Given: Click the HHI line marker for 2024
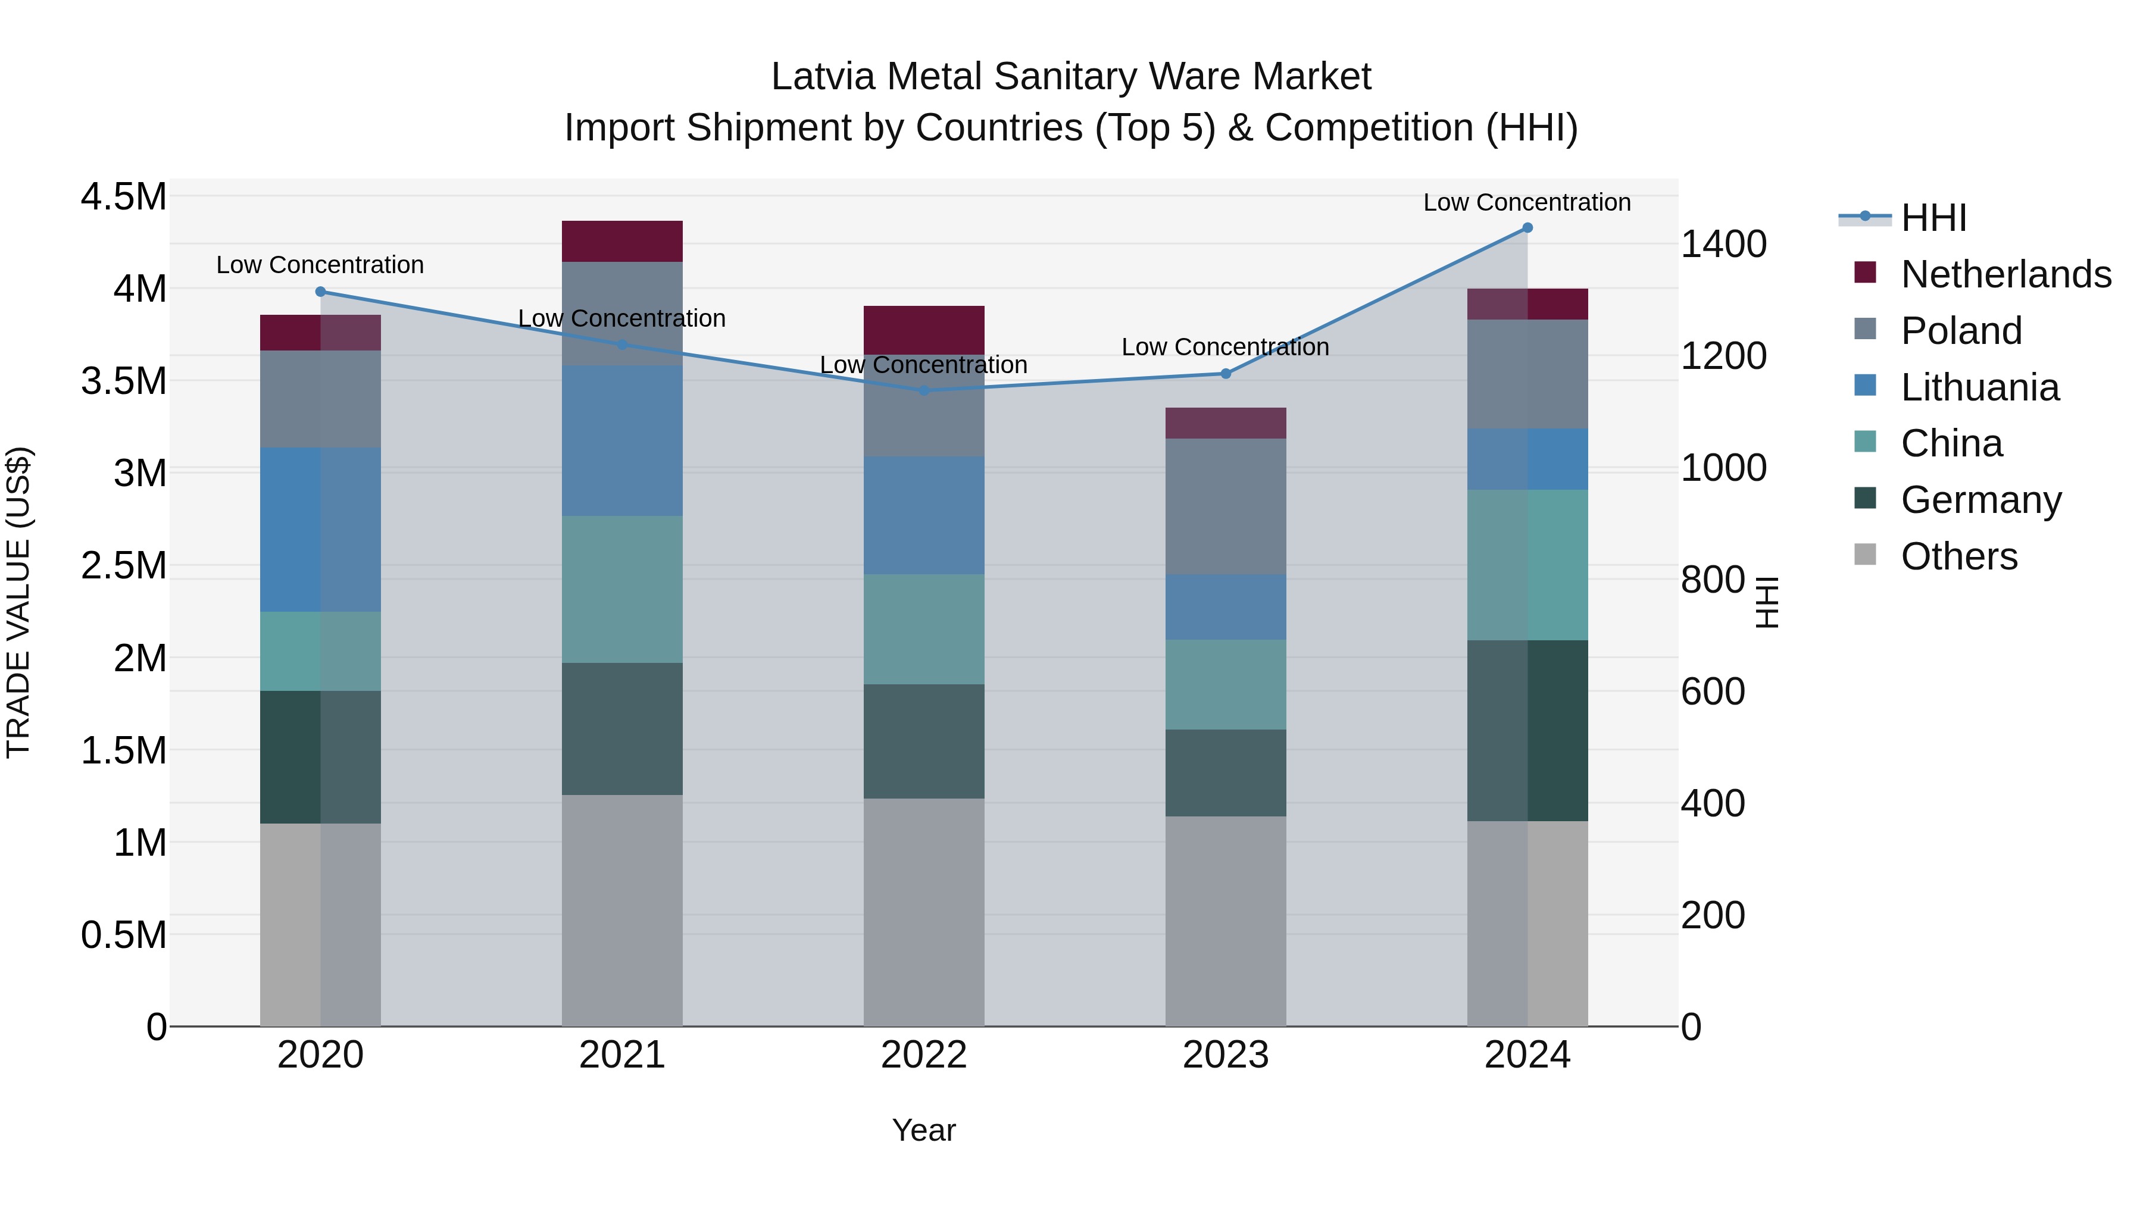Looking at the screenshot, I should (x=1527, y=228).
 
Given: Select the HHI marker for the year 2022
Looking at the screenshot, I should (x=924, y=390).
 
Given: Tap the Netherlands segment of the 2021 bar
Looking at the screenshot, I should (x=622, y=241).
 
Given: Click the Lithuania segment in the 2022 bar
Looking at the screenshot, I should (x=924, y=515).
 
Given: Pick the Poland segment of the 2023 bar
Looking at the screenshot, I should (x=1226, y=506).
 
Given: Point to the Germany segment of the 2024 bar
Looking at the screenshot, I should (x=1527, y=730).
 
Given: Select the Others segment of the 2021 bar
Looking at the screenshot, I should (x=622, y=910).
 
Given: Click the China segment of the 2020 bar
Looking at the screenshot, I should (x=320, y=651).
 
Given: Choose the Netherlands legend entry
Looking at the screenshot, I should (x=2005, y=274).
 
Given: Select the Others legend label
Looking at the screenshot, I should (x=1959, y=556).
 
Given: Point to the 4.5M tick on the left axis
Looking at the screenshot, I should (x=124, y=198).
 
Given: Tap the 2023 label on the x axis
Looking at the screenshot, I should (x=1226, y=1055).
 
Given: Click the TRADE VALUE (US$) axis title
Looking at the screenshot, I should (x=19, y=602).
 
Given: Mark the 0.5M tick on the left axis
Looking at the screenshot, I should (x=124, y=935).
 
